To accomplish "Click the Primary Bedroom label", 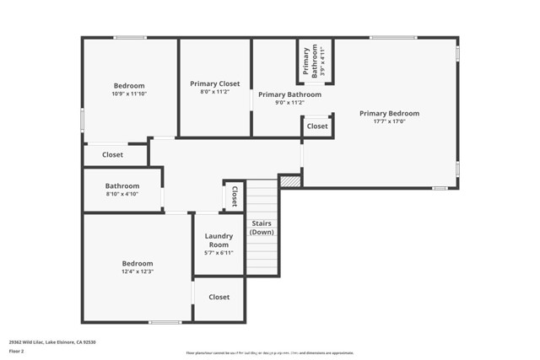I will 389,113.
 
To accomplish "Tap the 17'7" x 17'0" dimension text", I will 389,121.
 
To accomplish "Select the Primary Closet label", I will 214,83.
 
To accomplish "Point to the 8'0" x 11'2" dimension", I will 214,92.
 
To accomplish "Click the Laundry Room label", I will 219,240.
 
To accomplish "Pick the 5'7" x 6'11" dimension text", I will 219,252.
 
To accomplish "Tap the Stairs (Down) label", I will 262,227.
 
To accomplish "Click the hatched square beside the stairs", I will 289,180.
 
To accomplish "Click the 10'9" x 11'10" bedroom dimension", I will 129,94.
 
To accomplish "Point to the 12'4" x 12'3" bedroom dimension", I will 137,271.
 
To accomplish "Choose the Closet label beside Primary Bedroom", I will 317,126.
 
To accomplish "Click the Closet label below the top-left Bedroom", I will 112,155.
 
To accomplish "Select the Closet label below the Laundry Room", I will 219,297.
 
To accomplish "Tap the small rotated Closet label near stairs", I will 234,196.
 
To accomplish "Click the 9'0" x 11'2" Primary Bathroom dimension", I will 289,104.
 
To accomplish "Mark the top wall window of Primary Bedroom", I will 392,37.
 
